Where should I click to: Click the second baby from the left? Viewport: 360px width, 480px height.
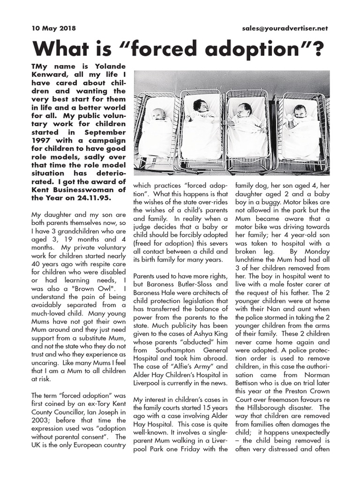click(x=201, y=107)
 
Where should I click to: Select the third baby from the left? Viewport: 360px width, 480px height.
click(x=244, y=112)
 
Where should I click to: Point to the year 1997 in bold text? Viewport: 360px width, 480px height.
click(x=41, y=140)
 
